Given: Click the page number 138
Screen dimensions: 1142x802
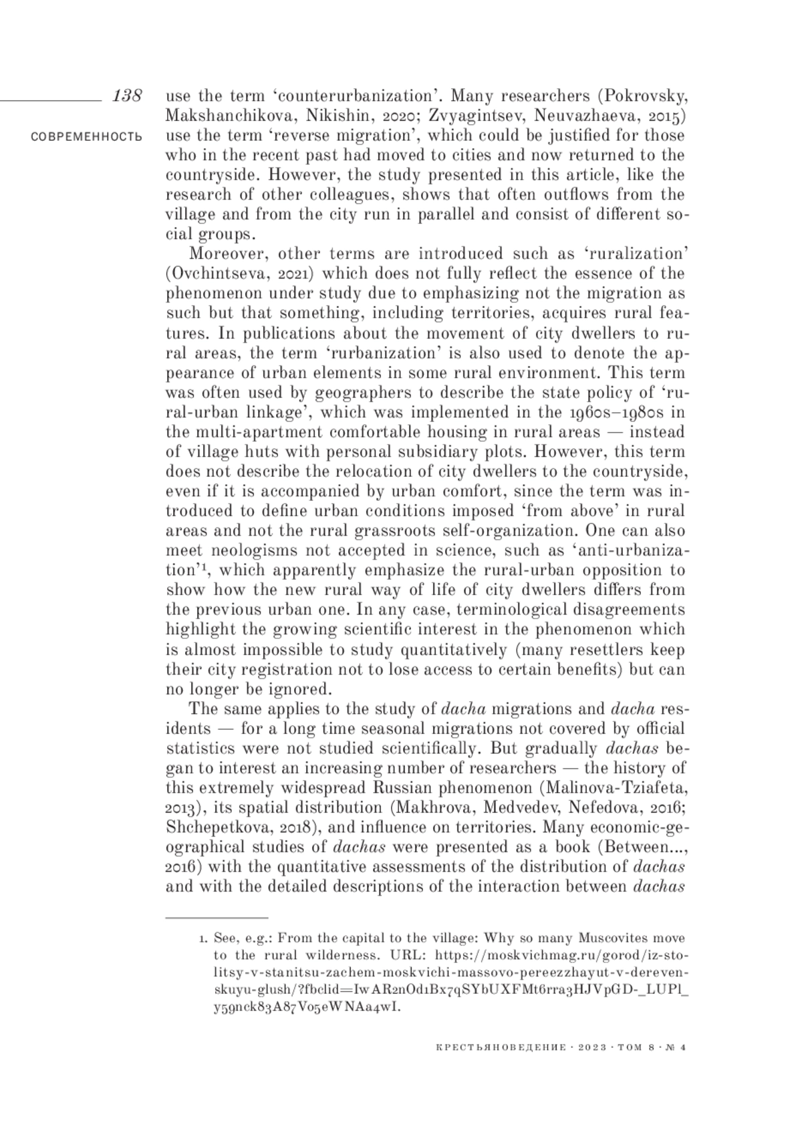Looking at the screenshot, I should point(127,96).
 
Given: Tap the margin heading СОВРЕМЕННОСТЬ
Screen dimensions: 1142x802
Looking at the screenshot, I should point(86,137).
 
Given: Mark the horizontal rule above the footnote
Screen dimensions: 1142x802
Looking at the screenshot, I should point(217,918).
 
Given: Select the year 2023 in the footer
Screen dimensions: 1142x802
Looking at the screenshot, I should point(589,1047).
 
